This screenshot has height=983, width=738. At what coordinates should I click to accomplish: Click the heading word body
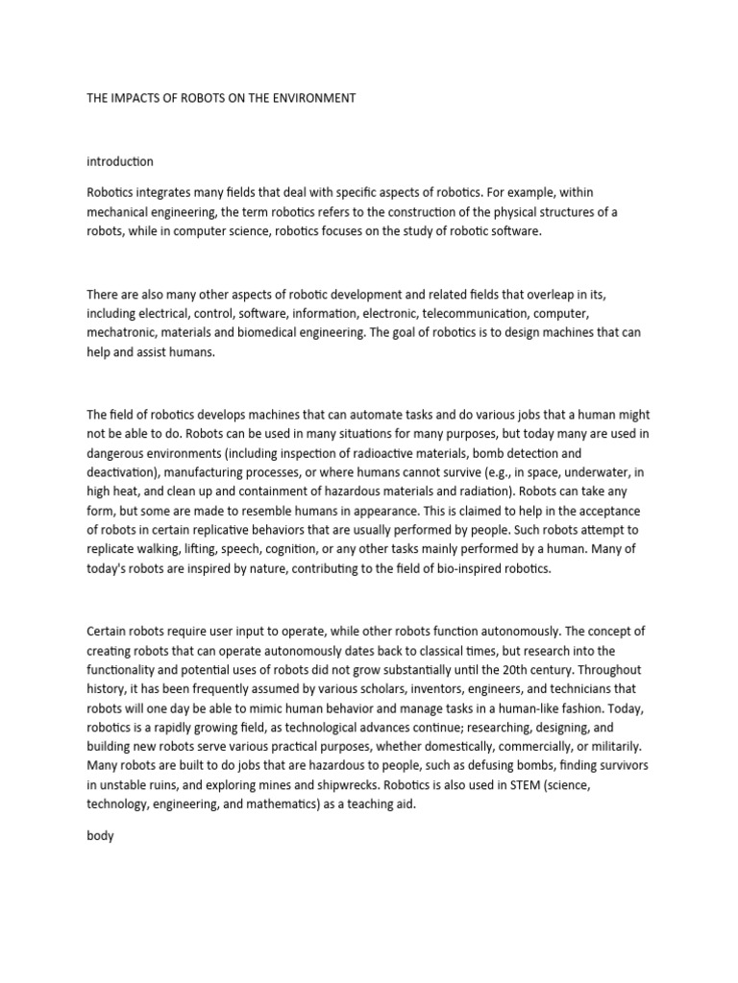point(100,836)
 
